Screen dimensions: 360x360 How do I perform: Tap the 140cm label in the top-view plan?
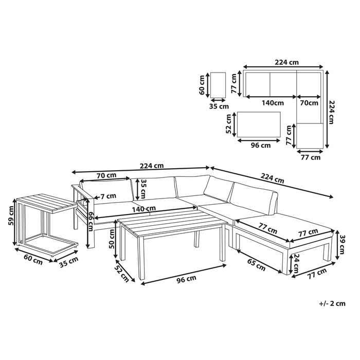click(272, 103)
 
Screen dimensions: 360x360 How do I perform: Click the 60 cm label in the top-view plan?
click(203, 84)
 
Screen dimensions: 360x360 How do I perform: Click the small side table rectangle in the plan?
click(219, 84)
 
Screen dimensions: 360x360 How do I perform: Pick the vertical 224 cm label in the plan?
click(332, 111)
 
